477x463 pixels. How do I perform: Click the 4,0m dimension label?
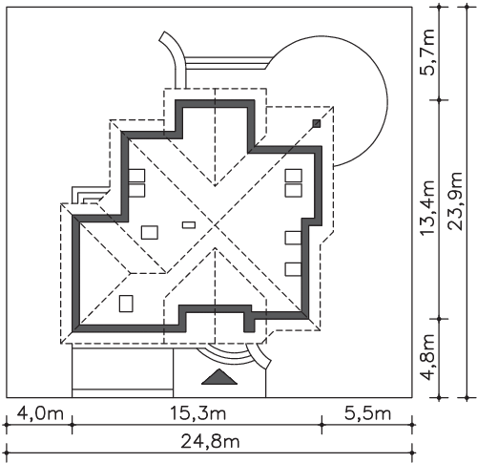(x=40, y=414)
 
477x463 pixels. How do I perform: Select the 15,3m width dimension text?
(x=197, y=413)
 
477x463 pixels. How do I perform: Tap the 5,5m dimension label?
(x=367, y=413)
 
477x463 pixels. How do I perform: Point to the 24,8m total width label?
(x=210, y=441)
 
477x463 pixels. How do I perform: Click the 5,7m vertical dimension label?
(x=427, y=53)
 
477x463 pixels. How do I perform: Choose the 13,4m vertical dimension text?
(x=427, y=208)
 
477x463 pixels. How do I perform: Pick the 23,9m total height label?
(x=454, y=201)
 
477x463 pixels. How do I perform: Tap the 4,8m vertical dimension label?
(x=427, y=357)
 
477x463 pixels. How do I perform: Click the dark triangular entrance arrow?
(x=219, y=377)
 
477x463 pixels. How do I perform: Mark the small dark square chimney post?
(x=317, y=123)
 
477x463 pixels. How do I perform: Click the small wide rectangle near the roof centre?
(x=189, y=225)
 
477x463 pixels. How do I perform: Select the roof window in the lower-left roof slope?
(x=126, y=304)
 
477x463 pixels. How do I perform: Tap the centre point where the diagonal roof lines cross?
(x=216, y=225)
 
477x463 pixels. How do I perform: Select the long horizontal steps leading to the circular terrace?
(x=228, y=63)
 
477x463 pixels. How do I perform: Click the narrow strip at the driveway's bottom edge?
(x=123, y=393)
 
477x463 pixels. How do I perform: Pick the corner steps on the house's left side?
(x=90, y=195)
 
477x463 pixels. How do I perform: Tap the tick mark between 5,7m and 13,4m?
(x=440, y=100)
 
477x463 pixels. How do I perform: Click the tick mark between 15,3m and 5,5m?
(x=321, y=425)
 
